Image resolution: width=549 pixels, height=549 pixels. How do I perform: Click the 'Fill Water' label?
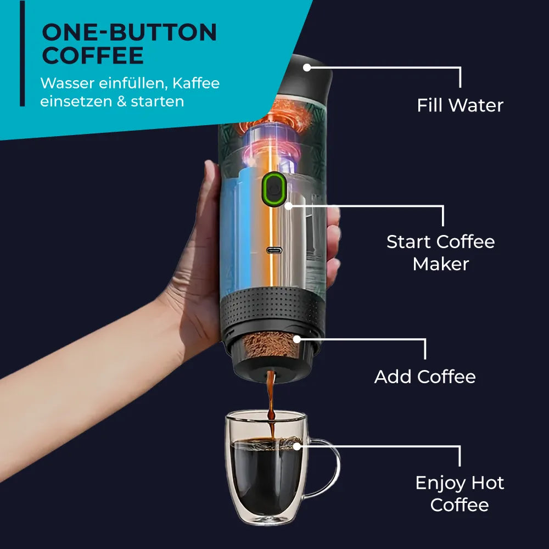460,105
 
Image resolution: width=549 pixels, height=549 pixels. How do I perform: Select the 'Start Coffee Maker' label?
441,253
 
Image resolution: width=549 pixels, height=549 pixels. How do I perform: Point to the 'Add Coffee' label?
425,377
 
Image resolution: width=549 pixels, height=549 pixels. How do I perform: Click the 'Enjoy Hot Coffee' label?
460,494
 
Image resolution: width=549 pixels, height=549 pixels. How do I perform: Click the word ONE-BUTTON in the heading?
129,33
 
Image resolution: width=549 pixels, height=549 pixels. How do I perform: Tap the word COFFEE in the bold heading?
93,56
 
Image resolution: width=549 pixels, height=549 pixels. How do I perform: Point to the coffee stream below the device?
271,401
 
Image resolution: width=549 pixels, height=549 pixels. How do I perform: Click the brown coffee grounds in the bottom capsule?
269,346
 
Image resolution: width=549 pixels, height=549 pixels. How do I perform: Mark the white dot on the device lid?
307,68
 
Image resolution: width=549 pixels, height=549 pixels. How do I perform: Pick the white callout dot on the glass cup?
296,446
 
